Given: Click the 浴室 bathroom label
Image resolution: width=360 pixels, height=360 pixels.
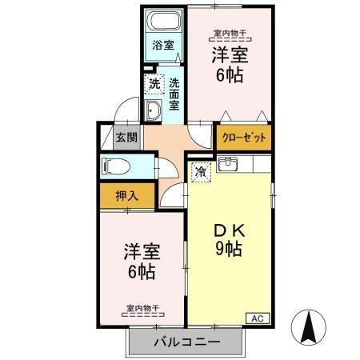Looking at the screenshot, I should (163, 46).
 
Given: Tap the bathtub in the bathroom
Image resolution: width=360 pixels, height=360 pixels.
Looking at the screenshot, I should (163, 23).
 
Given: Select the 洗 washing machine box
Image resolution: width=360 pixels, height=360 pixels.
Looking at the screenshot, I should (152, 82).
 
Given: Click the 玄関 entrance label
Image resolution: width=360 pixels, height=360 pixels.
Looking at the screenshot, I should (126, 137).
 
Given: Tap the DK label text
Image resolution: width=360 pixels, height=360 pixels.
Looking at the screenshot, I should (227, 230).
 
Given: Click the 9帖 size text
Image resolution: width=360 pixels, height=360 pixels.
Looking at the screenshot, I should (227, 249).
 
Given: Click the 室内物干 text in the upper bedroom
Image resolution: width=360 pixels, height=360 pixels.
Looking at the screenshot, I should (228, 33).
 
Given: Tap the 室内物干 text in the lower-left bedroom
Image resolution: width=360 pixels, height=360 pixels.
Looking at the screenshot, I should (142, 306).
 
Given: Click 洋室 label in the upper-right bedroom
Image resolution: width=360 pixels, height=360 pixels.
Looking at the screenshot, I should (228, 55).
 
